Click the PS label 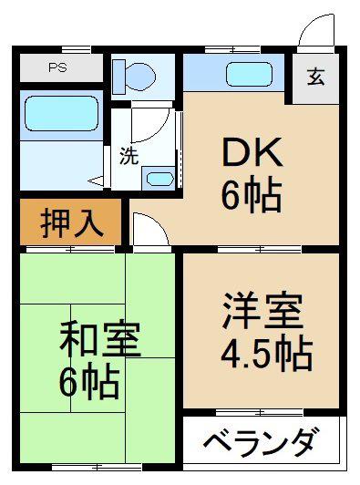(x=57, y=67)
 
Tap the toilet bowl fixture (x=140, y=77)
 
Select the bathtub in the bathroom (x=62, y=113)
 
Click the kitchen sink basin (x=250, y=74)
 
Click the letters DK (x=252, y=152)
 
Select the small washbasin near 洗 (x=159, y=179)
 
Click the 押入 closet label (x=72, y=222)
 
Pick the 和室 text (x=100, y=339)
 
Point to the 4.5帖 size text (x=267, y=356)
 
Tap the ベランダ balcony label (x=261, y=441)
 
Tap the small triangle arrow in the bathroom (x=96, y=181)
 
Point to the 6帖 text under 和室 (x=89, y=382)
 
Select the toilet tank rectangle (x=118, y=77)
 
